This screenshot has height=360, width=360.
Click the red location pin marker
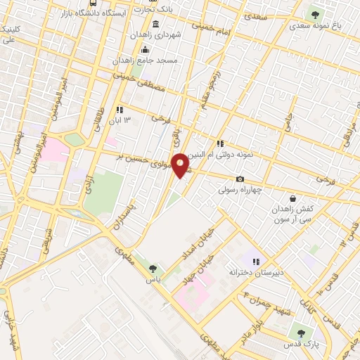(x=180, y=165)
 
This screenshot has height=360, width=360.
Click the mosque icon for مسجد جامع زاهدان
(x=146, y=49)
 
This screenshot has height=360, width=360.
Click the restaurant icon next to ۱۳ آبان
(x=120, y=110)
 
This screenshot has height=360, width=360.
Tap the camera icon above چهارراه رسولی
(x=240, y=179)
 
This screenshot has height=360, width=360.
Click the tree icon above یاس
(x=153, y=268)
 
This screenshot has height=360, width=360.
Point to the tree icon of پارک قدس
(x=302, y=333)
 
